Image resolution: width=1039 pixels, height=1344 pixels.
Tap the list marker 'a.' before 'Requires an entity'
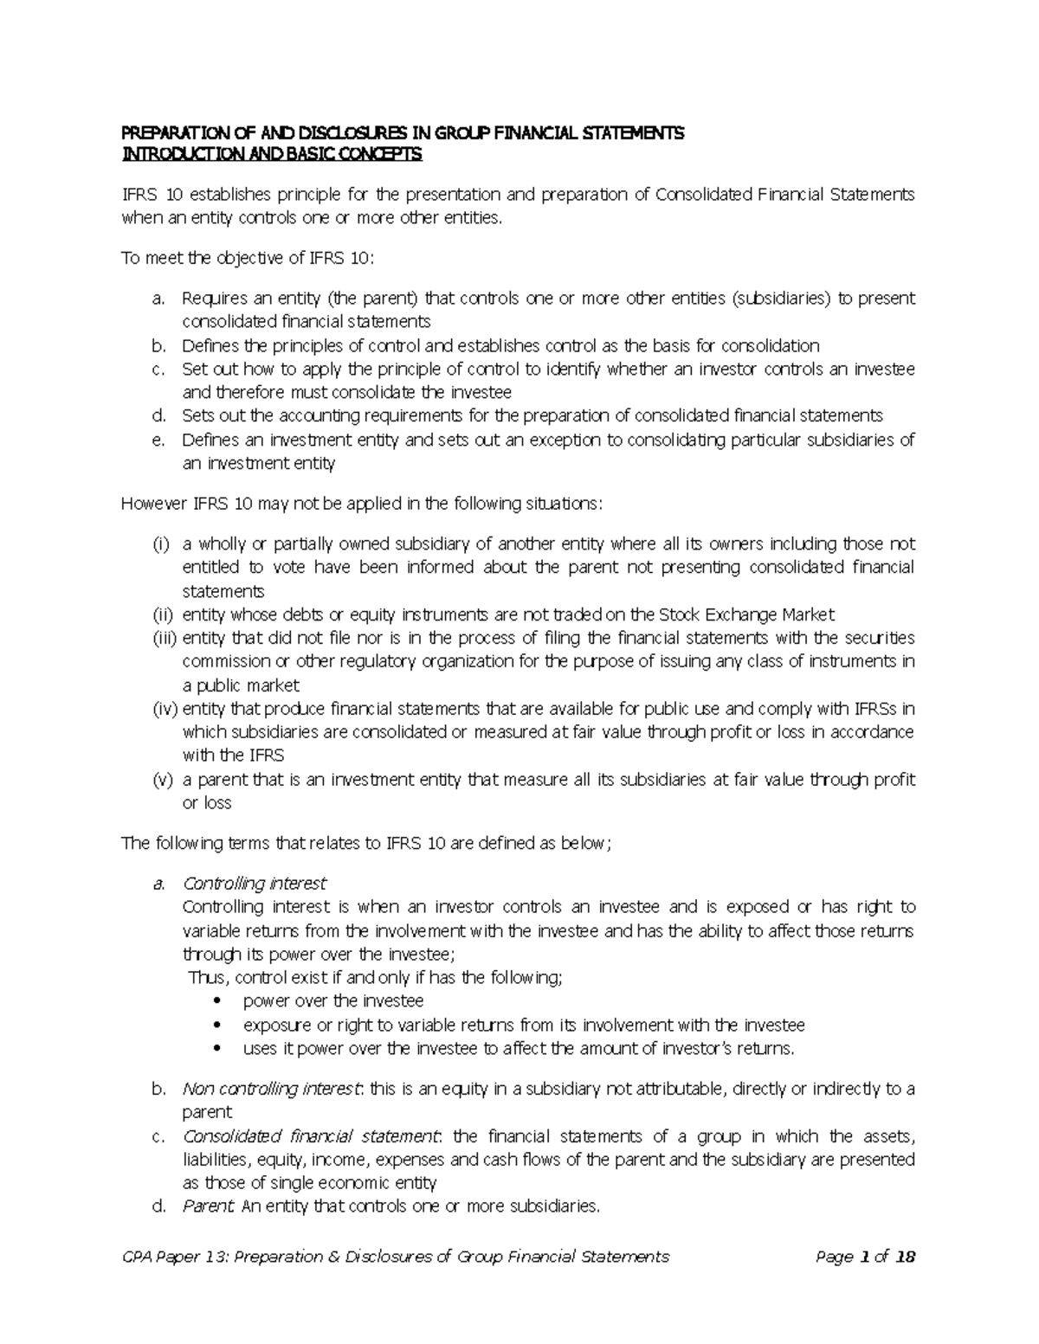tap(158, 299)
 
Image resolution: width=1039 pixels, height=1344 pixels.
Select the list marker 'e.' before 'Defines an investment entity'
tap(158, 440)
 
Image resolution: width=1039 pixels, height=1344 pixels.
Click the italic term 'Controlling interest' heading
tap(255, 884)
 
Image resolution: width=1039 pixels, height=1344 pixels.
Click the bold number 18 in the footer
tap(905, 1257)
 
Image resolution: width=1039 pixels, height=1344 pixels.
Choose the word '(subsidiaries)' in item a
tap(781, 299)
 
